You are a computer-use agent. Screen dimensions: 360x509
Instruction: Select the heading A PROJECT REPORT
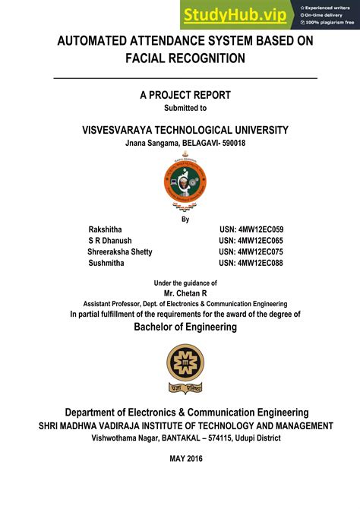(x=185, y=95)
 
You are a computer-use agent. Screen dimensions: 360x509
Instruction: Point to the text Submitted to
(x=185, y=108)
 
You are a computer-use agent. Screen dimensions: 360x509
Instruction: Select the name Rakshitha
(x=105, y=229)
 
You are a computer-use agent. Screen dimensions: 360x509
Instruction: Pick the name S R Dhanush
(x=110, y=240)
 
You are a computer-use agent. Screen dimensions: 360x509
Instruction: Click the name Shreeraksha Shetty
(x=120, y=251)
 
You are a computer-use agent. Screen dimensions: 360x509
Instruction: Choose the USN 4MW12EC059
(x=251, y=229)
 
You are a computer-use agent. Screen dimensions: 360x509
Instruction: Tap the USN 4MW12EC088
(x=251, y=263)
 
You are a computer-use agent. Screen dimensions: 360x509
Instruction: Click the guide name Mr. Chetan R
(x=185, y=292)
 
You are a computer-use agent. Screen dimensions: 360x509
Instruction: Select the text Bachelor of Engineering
(x=185, y=327)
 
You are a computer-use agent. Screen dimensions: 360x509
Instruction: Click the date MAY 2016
(x=185, y=459)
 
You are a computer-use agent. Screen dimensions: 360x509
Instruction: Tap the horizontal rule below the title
(x=185, y=78)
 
